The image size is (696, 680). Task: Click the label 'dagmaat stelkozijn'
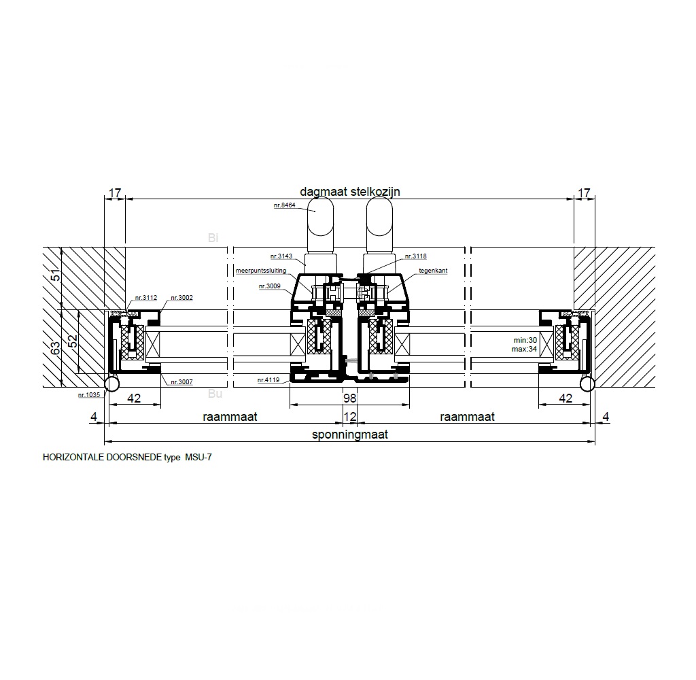(x=350, y=192)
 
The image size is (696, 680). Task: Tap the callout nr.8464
(x=285, y=205)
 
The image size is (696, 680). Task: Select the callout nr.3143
(x=281, y=256)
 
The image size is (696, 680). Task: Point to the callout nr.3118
(x=415, y=256)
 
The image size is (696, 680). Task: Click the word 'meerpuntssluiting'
(x=261, y=271)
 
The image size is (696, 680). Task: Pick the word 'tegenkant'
(x=433, y=271)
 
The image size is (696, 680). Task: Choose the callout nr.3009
(x=270, y=286)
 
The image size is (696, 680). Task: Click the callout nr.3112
(x=146, y=298)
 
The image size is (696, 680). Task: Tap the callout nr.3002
(x=182, y=298)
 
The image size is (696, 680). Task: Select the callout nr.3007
(x=182, y=382)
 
